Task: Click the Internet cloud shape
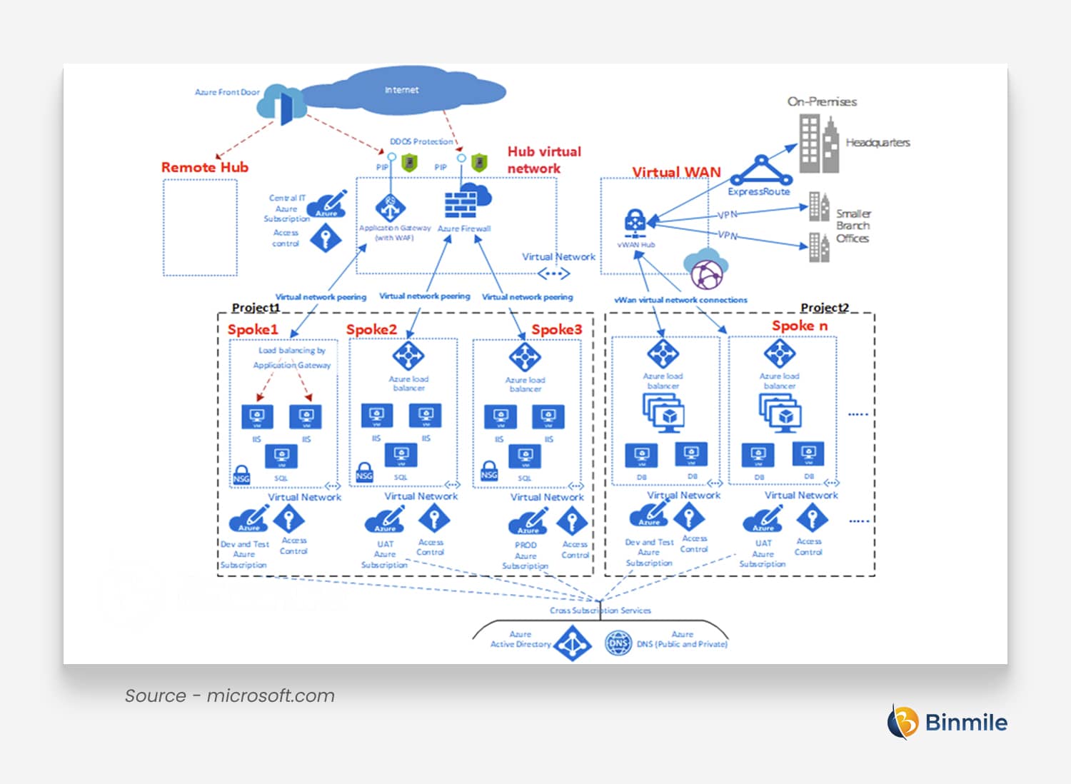click(x=402, y=91)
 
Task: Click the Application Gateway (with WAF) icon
click(x=391, y=208)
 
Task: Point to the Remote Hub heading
click(x=204, y=167)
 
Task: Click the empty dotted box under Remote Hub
click(x=200, y=227)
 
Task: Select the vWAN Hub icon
click(x=635, y=224)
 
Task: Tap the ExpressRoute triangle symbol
click(x=761, y=172)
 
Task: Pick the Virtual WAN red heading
click(x=676, y=172)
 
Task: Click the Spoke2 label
click(x=371, y=329)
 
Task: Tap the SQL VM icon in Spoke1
click(x=281, y=457)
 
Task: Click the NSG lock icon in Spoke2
click(x=364, y=473)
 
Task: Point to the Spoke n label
click(x=800, y=326)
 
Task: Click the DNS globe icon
click(x=618, y=643)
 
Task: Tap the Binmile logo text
click(x=965, y=723)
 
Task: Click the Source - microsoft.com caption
click(x=229, y=695)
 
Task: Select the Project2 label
click(x=825, y=308)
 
